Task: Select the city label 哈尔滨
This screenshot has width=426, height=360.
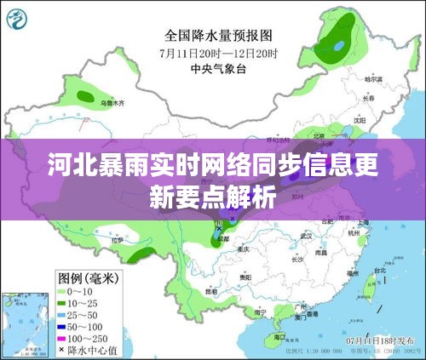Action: tap(375, 77)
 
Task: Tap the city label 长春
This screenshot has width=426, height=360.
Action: tap(368, 97)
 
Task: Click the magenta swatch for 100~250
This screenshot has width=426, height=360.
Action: tap(63, 338)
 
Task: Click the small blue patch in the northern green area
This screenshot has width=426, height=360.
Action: tap(340, 44)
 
